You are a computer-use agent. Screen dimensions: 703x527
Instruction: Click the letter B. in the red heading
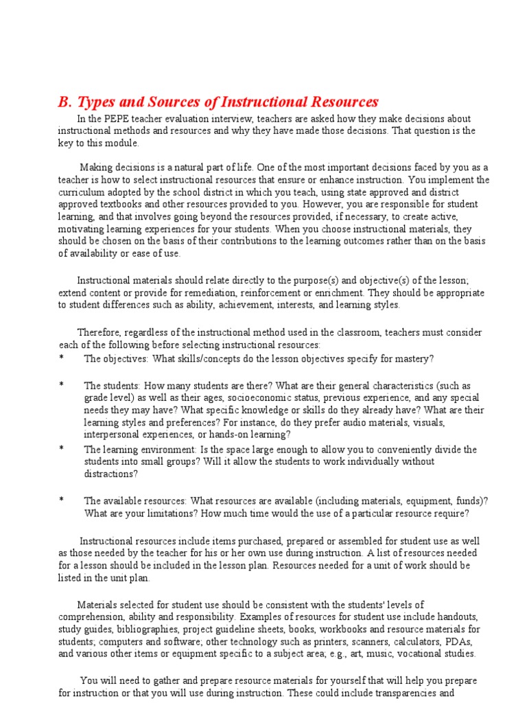pyautogui.click(x=65, y=102)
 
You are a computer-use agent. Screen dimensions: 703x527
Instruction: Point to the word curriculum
pyautogui.click(x=82, y=192)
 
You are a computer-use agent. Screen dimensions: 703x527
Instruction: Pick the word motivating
pyautogui.click(x=82, y=229)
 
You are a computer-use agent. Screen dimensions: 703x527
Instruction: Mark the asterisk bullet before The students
pyautogui.click(x=61, y=386)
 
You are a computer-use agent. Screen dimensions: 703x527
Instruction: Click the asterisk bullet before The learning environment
pyautogui.click(x=61, y=449)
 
